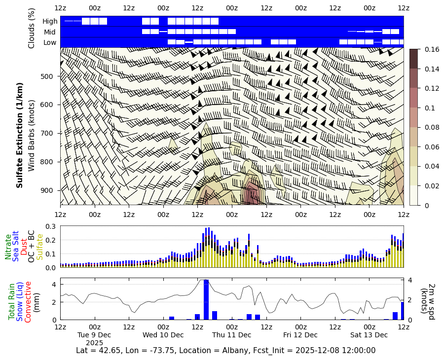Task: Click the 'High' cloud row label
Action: (x=50, y=21)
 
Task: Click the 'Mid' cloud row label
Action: (x=50, y=32)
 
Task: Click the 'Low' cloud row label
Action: (x=50, y=42)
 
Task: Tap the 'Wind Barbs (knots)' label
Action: (x=32, y=136)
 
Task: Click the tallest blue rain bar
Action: (x=206, y=299)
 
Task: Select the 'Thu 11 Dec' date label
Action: (x=232, y=335)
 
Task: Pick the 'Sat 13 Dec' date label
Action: (x=369, y=335)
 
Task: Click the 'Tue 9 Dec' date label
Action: (x=94, y=335)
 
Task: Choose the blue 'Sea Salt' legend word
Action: (x=16, y=246)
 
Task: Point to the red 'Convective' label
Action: (x=28, y=302)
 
